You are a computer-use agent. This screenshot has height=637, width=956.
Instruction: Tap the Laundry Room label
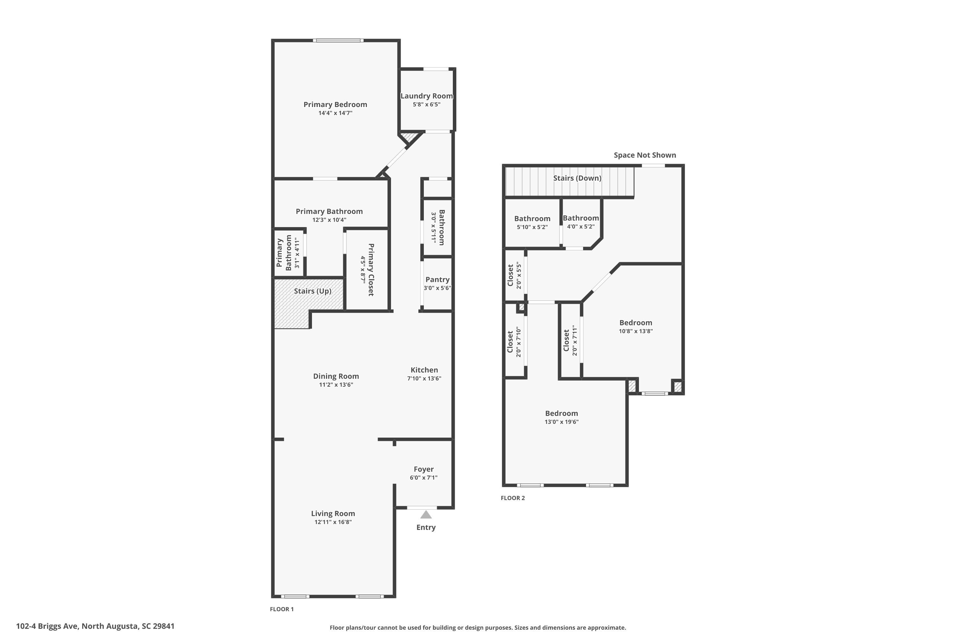426,96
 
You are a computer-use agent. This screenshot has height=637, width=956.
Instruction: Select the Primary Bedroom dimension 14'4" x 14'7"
335,113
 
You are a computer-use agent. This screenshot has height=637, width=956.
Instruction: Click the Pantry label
437,280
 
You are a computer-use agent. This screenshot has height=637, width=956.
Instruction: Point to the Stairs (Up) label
313,291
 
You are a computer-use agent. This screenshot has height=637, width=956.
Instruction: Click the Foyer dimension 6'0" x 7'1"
424,477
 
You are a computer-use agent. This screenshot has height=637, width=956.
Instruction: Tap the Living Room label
333,513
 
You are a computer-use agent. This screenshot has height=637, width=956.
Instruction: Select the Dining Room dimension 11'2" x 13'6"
336,385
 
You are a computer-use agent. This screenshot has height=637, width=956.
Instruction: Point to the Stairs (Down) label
577,178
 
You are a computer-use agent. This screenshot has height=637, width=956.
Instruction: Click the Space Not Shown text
645,155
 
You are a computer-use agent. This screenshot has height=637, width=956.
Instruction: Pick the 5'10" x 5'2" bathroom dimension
532,227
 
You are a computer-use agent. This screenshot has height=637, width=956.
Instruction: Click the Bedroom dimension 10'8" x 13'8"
636,331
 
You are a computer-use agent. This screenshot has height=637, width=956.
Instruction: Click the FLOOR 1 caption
282,609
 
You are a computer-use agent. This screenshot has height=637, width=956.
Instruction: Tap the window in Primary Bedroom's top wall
338,40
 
